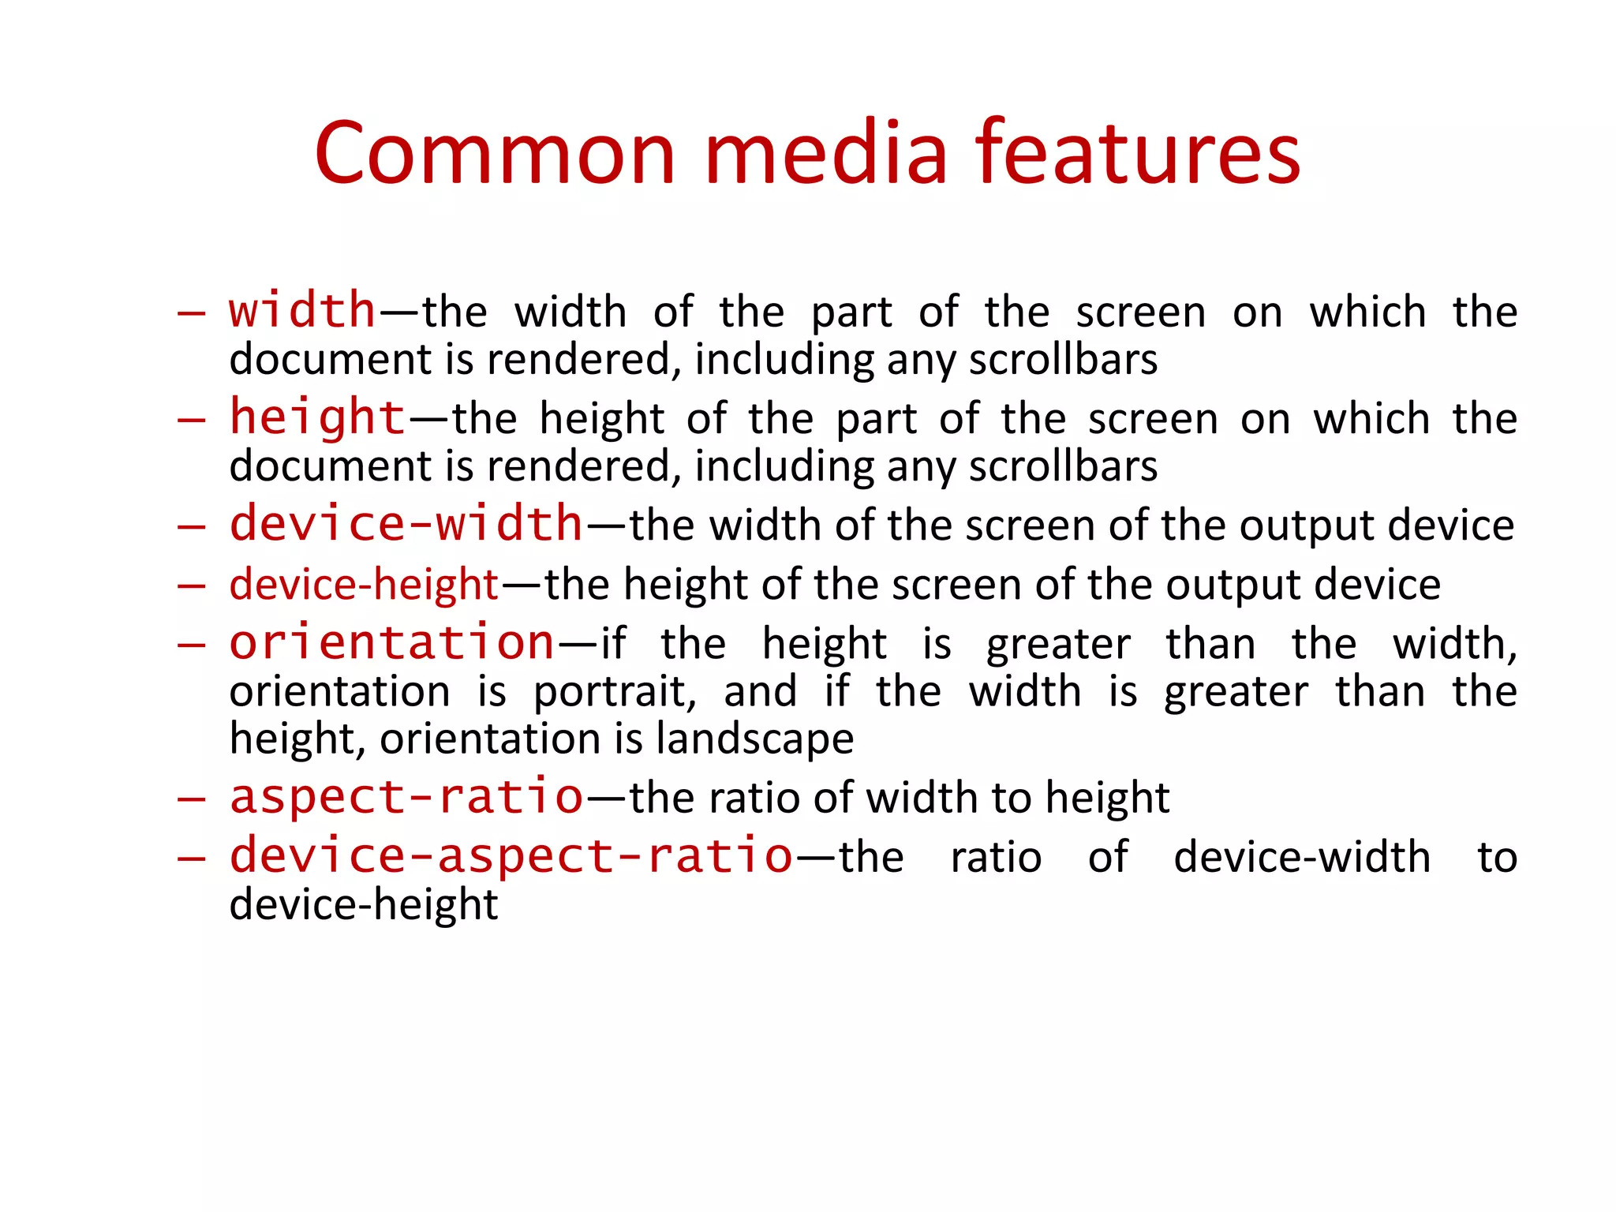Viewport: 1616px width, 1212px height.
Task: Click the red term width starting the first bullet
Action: (x=302, y=309)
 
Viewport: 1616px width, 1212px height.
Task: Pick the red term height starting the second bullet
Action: (x=317, y=417)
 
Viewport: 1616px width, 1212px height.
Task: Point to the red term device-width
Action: (x=406, y=523)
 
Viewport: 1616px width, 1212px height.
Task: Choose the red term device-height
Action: (x=364, y=585)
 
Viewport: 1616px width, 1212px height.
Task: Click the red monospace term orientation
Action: (x=392, y=642)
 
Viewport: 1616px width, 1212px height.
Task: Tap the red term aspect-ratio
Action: (x=406, y=796)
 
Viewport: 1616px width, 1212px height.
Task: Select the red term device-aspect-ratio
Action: (x=511, y=855)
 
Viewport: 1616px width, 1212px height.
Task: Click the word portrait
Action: (x=615, y=692)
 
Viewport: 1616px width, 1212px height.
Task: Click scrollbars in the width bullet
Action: (x=1063, y=360)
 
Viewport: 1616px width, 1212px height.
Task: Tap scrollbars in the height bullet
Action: (x=1063, y=466)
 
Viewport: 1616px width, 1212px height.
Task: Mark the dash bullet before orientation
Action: (x=191, y=645)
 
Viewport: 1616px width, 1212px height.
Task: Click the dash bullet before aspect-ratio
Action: (x=191, y=799)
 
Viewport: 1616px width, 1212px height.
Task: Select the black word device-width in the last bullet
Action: (x=1302, y=857)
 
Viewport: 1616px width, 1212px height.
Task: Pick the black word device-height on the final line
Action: (x=364, y=904)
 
